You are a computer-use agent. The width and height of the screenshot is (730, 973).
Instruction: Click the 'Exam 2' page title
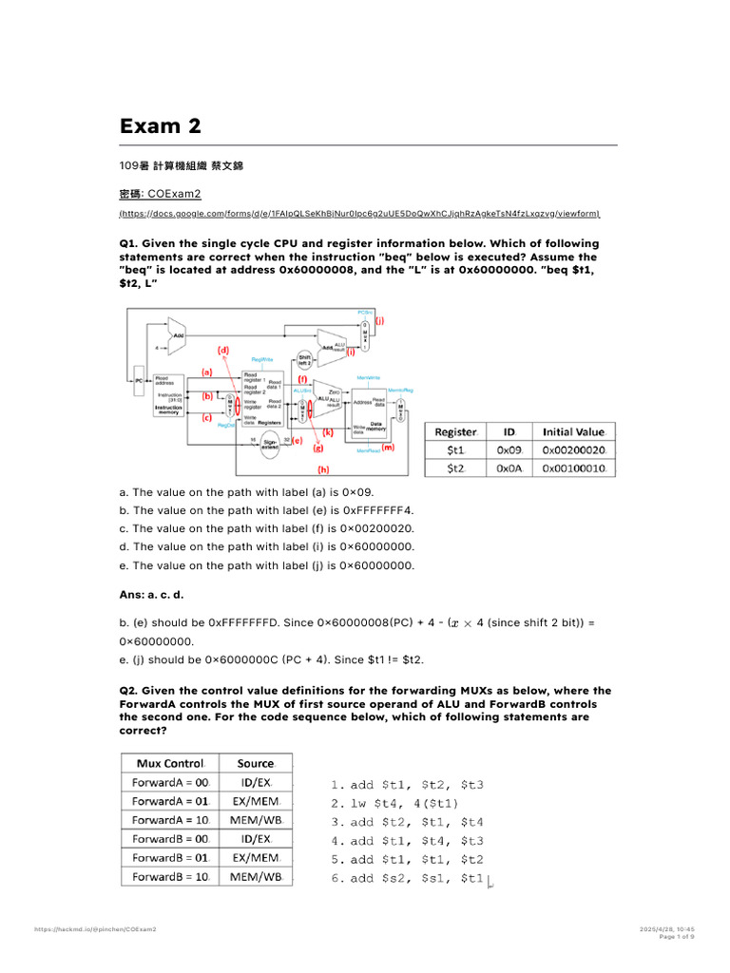[x=160, y=126]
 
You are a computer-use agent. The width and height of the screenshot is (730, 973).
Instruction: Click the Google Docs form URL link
[x=359, y=214]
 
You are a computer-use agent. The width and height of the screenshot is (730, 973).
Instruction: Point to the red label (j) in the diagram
[x=379, y=321]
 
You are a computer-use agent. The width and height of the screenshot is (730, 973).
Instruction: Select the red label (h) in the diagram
[x=323, y=467]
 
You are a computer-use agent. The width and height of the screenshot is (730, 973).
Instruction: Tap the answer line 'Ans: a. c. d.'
[x=151, y=594]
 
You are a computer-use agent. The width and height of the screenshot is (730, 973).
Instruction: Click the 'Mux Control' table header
[x=170, y=763]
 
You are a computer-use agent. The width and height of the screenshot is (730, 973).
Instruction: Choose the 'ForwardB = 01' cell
[x=170, y=858]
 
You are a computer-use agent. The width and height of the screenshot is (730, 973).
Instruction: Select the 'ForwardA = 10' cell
[x=170, y=820]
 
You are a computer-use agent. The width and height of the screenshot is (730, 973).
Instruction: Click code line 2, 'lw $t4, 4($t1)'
[x=394, y=803]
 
